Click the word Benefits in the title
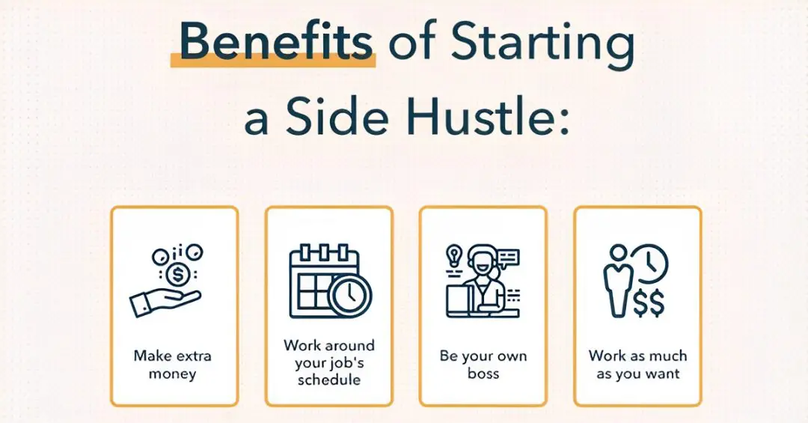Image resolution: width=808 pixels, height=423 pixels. point(276,44)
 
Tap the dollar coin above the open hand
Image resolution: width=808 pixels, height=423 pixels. point(178,274)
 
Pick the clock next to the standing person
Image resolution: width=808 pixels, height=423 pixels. point(650,262)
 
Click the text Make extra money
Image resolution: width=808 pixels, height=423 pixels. point(174,364)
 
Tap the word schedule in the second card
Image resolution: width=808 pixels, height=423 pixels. point(329,380)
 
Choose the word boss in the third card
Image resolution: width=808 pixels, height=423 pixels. point(483,373)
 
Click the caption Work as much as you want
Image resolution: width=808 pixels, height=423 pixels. point(637,364)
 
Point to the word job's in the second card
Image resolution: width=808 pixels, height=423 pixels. point(346,363)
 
